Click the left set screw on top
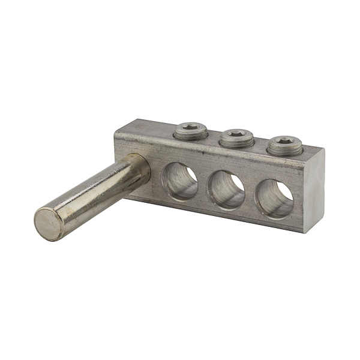click(x=190, y=131)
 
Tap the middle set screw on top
click(x=236, y=139)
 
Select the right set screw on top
click(x=284, y=145)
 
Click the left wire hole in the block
click(x=180, y=181)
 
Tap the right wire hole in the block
click(x=274, y=197)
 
